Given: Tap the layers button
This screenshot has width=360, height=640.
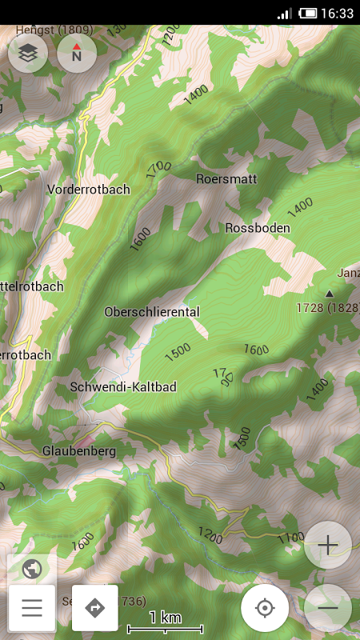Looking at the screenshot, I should coord(28,54).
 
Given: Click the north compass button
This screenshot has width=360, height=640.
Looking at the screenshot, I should coord(77,54).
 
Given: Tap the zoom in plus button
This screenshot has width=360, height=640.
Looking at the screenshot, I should coord(328,546).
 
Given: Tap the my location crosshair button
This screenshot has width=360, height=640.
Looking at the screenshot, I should coord(265,608).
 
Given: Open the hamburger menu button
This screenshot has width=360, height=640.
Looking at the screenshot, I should coord(32,608).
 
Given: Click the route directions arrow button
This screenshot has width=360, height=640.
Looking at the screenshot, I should coord(94,608).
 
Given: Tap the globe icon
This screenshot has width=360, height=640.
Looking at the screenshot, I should coord(32,569).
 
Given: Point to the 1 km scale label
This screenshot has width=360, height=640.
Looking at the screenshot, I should coord(166,618).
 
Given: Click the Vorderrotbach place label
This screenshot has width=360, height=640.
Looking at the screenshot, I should coord(88,190).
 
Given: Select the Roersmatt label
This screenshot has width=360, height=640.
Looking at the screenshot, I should coord(226,179).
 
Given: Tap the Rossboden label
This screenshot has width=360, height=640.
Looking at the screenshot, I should coord(258,228).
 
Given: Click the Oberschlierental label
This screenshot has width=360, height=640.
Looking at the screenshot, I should coord(152,311).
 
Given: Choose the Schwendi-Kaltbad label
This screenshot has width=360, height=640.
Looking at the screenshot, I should coord(123,386).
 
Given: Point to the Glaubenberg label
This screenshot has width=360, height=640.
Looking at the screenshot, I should coord(79,451).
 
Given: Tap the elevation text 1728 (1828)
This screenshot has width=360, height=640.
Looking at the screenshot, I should coord(327,307).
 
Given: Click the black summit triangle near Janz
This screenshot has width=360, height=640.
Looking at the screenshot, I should coord(329,294).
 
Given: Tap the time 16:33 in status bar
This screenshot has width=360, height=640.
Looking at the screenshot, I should coord(337,14).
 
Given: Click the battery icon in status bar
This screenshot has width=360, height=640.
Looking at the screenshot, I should coord(308,14).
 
